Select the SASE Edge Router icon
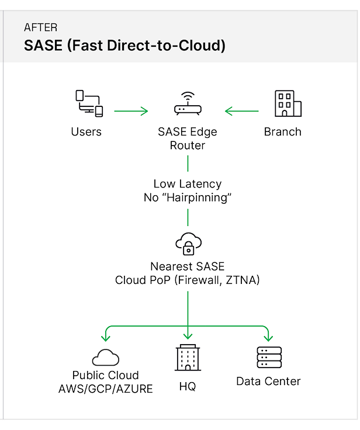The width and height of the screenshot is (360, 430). coord(187,105)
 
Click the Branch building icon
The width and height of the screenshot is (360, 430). coord(288,104)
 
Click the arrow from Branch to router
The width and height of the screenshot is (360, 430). coord(242,110)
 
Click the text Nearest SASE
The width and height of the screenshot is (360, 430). coord(187,266)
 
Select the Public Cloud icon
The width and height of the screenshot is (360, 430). coord(105,355)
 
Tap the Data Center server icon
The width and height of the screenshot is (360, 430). coord(269,357)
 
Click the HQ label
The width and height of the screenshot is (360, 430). coord(187,387)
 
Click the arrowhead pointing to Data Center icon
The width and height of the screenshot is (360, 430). coord(268,338)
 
